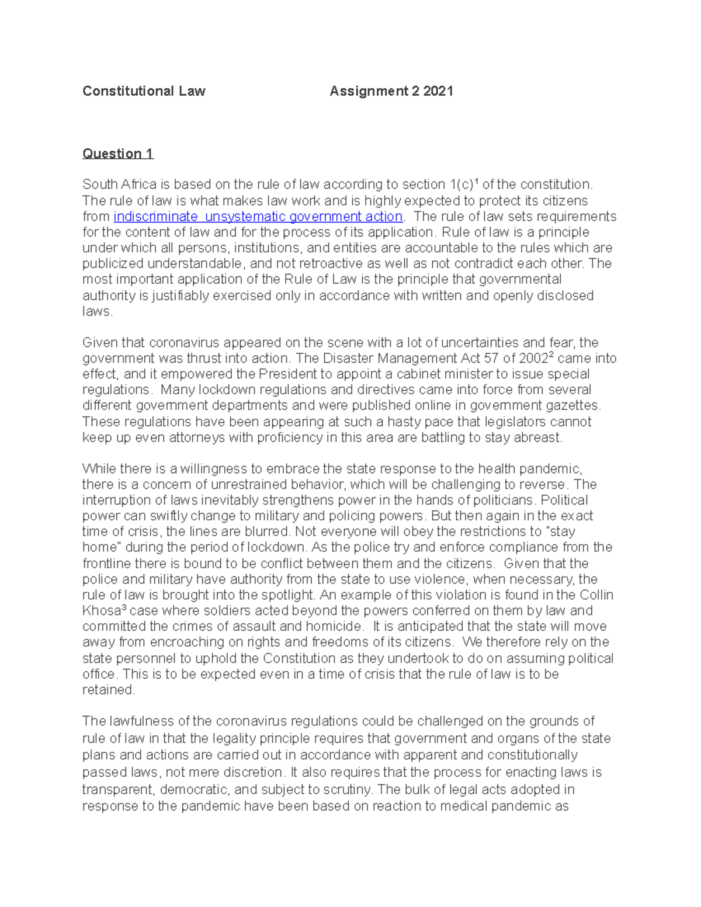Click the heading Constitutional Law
pyautogui.click(x=144, y=91)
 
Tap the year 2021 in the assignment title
pyautogui.click(x=438, y=91)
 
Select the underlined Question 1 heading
pyautogui.click(x=117, y=154)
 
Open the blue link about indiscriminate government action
pyautogui.click(x=258, y=217)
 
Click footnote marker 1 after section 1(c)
pyautogui.click(x=476, y=182)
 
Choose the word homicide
pyautogui.click(x=333, y=627)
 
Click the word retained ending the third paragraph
pyautogui.click(x=108, y=690)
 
